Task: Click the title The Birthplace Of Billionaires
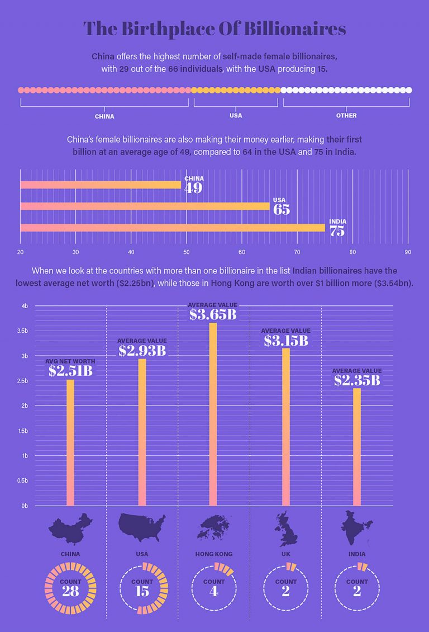[x=214, y=29]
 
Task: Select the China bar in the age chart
[x=101, y=185]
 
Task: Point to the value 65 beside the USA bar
[x=282, y=210]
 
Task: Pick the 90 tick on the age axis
[x=408, y=252]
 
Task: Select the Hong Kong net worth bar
[x=213, y=414]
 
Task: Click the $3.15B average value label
[x=285, y=341]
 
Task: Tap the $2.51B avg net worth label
[x=70, y=370]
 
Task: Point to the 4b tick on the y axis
[x=25, y=306]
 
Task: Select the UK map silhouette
[x=285, y=529]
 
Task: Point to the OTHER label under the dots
[x=346, y=116]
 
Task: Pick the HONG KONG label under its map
[x=214, y=554]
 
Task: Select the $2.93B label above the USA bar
[x=142, y=351]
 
